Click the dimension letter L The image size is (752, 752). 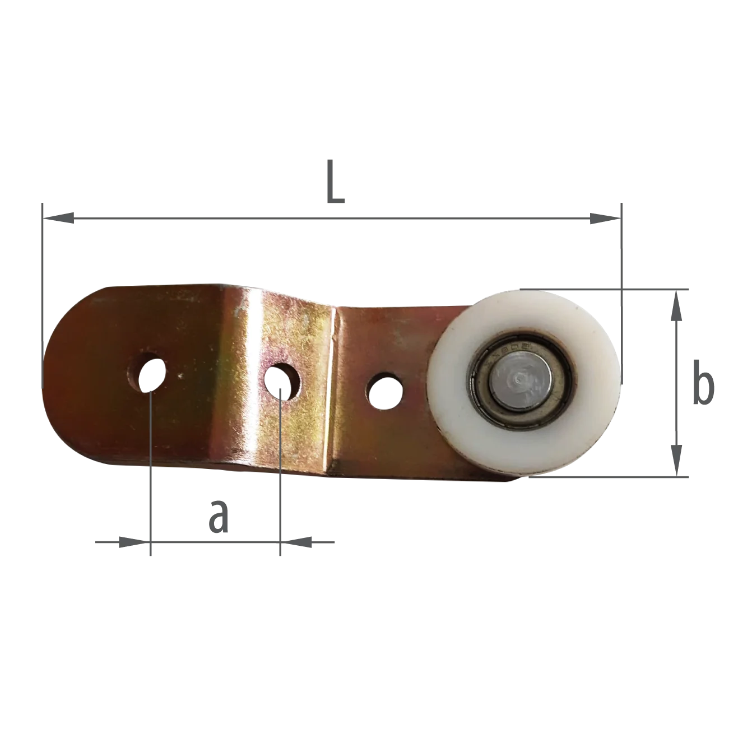[x=336, y=181]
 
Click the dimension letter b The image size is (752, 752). [x=703, y=382]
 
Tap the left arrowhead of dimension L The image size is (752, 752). [x=58, y=219]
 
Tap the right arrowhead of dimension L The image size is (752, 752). [x=605, y=219]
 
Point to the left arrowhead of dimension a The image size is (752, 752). [x=134, y=542]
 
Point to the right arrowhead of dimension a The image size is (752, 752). [x=296, y=542]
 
